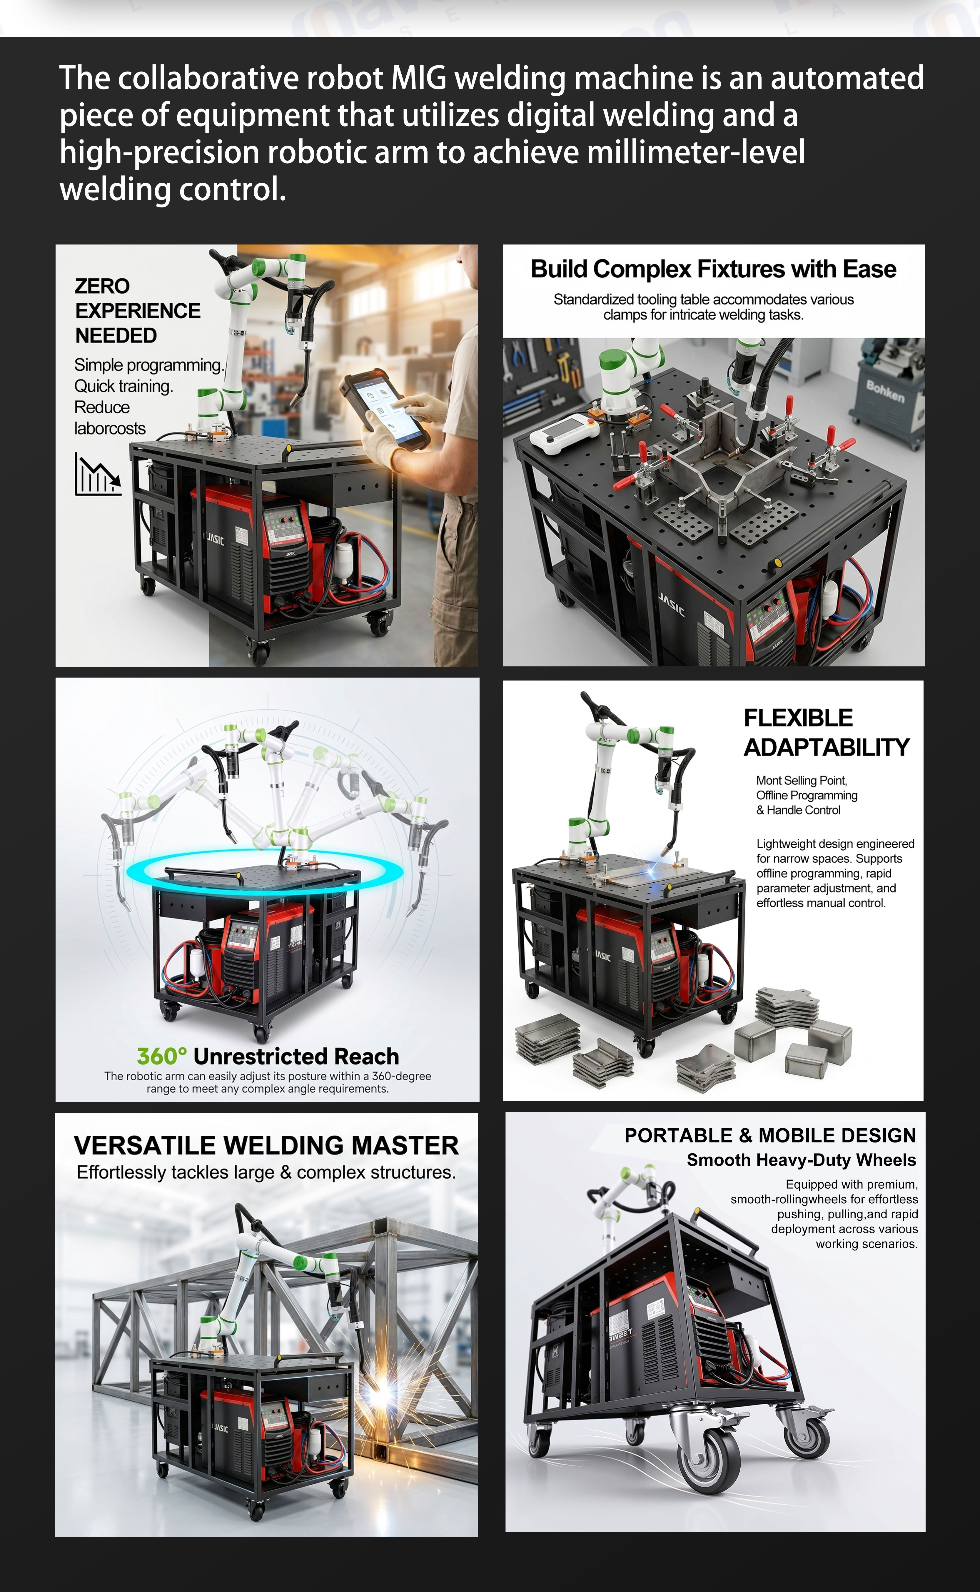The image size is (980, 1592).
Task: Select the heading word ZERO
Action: [102, 286]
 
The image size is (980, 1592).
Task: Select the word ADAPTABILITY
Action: [827, 747]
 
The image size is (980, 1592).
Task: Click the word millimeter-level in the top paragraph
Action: [696, 152]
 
